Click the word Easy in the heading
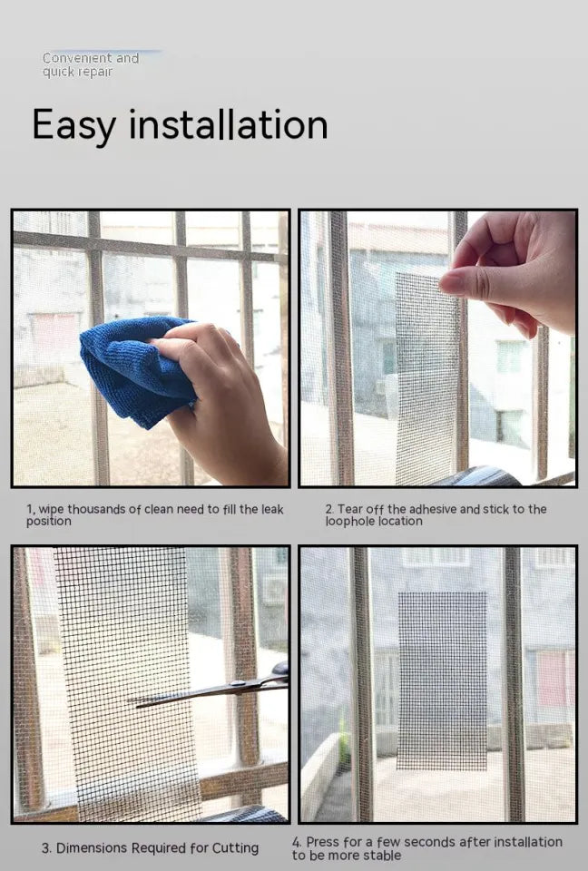click(x=73, y=125)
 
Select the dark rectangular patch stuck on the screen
click(x=442, y=680)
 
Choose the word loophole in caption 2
click(x=348, y=522)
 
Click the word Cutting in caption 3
click(x=235, y=848)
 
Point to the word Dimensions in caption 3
click(x=93, y=848)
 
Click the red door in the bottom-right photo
click(x=552, y=679)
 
